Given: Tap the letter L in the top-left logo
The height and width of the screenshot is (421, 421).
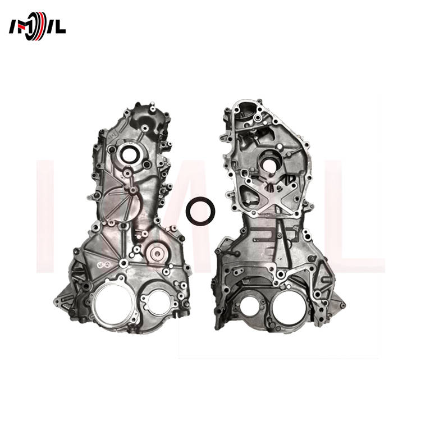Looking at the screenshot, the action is point(59,28).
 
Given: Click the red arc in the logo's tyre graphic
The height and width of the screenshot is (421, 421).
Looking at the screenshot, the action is point(41,26).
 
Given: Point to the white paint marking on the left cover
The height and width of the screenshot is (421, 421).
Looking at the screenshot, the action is point(104,265).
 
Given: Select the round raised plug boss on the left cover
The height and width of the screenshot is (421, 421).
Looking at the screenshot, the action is point(156,253).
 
